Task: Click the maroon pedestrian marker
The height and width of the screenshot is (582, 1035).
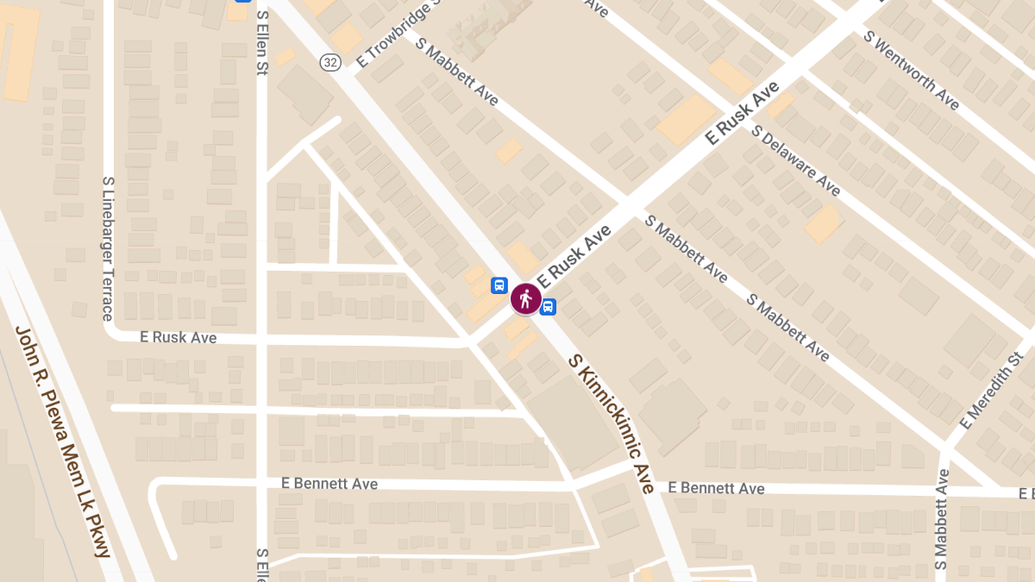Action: coord(525,299)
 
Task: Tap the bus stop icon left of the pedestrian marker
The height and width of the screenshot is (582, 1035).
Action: coord(499,285)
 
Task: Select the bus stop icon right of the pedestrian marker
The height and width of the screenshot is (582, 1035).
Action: coord(548,307)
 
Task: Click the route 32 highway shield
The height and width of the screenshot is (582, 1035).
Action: coord(329,61)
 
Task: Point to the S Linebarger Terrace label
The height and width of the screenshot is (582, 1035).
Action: coord(109,248)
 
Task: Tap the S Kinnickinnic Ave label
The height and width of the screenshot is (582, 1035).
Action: coord(612,422)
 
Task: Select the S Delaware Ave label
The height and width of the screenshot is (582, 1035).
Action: coord(795,160)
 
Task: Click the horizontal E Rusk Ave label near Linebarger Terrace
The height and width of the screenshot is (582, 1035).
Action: coord(179,338)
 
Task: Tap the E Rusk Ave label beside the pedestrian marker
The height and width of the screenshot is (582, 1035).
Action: coord(574,256)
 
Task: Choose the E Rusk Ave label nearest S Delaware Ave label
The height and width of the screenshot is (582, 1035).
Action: coord(742,113)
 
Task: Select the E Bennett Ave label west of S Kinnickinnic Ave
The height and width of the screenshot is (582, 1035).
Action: coord(329,484)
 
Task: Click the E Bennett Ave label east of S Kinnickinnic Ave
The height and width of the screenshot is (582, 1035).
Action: coord(716,488)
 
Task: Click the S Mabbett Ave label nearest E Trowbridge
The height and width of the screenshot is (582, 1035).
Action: coord(456,72)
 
